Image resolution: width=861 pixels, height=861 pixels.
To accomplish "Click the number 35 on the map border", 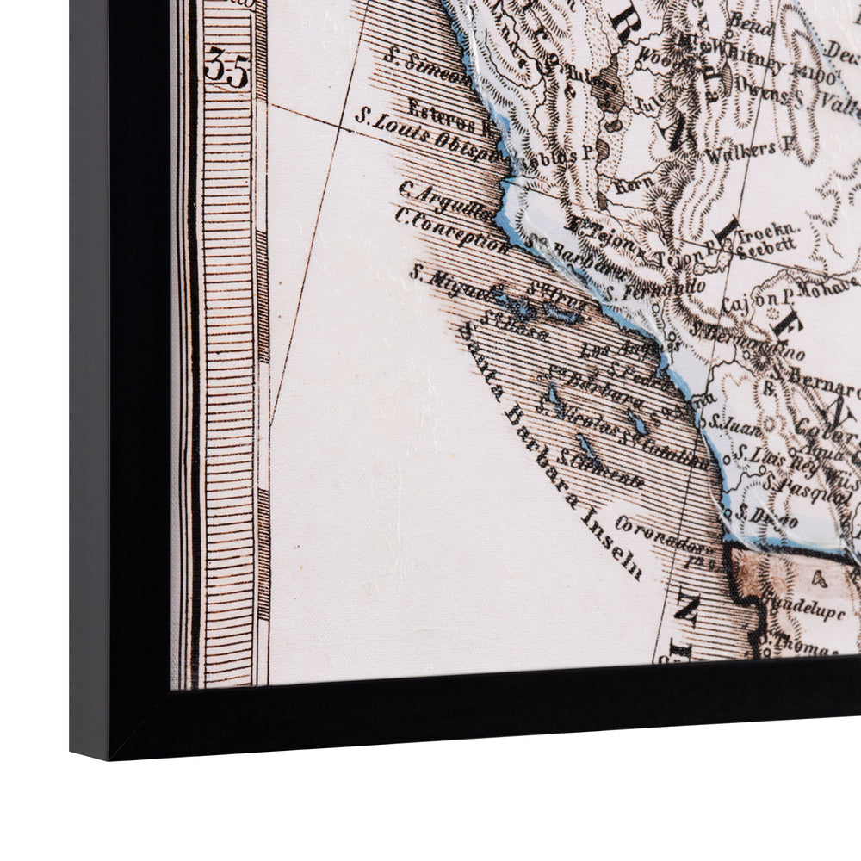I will (226, 68).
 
